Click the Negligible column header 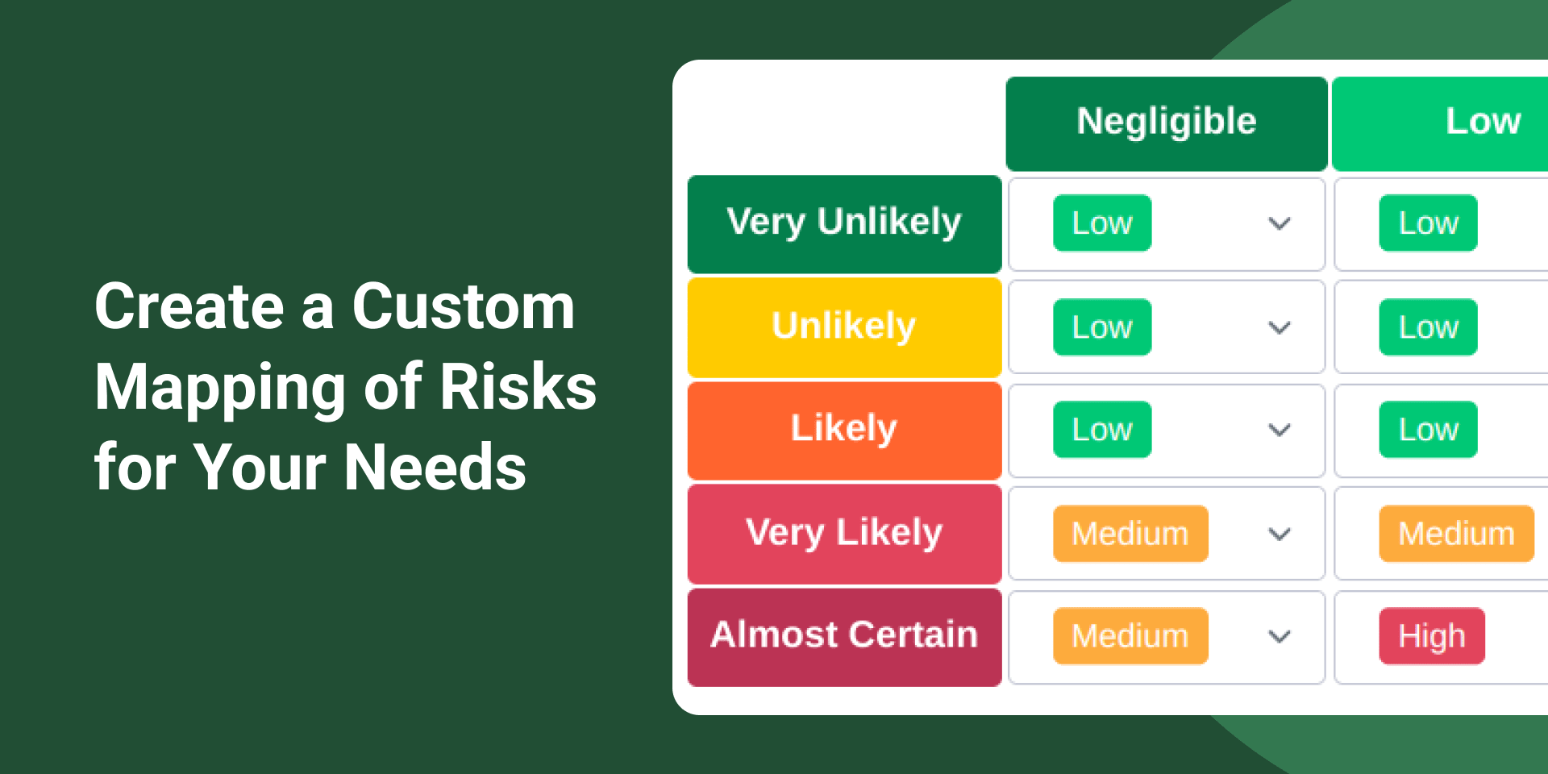[1167, 123]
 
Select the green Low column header [1440, 123]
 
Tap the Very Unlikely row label [844, 224]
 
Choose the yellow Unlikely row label [844, 327]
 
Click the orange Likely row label [844, 431]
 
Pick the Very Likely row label [844, 534]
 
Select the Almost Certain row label [844, 637]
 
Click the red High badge [1432, 636]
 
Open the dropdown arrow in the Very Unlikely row [1280, 223]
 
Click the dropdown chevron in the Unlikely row [1280, 327]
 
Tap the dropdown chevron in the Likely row [1280, 430]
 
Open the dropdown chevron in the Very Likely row [1280, 534]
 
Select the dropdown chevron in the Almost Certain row [1280, 636]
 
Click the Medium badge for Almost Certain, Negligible [1130, 636]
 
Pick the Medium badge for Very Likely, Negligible [1130, 534]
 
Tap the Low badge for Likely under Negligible [1102, 430]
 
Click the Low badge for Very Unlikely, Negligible [1102, 223]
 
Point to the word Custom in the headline [464, 306]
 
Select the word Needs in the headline [435, 468]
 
